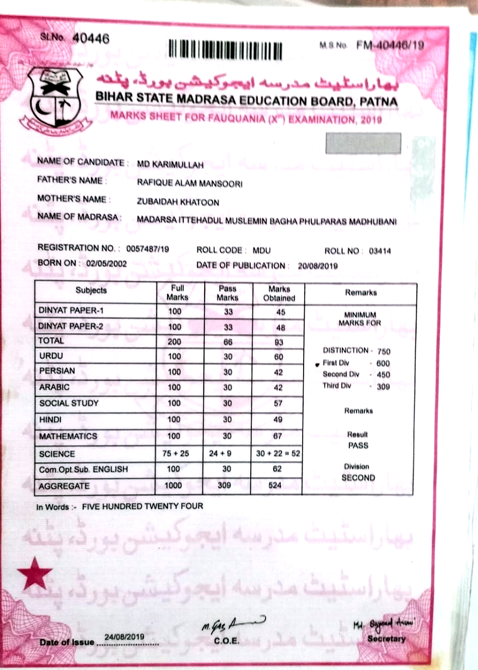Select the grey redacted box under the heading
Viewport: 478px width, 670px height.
coord(363,143)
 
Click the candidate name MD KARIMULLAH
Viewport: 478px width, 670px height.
coord(170,164)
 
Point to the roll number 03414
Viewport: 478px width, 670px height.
coord(380,251)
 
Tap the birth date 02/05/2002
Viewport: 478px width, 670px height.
coord(106,264)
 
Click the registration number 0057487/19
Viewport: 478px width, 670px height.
coord(144,249)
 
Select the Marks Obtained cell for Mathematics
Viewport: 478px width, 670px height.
coord(277,436)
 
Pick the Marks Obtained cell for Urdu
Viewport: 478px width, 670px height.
coord(278,356)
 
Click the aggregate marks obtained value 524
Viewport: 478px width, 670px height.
coord(274,485)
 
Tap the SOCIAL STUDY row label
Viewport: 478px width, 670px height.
coord(69,404)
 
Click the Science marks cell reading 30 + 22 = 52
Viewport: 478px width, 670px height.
coord(277,454)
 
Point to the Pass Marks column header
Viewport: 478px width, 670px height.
coord(227,293)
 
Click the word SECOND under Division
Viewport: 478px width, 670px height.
coord(358,478)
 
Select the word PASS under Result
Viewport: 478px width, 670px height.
coord(358,446)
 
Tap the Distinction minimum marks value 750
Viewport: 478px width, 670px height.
coord(383,352)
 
